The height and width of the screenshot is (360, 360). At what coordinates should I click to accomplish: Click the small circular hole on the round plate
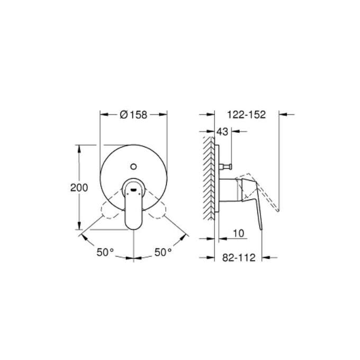point(133,165)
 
